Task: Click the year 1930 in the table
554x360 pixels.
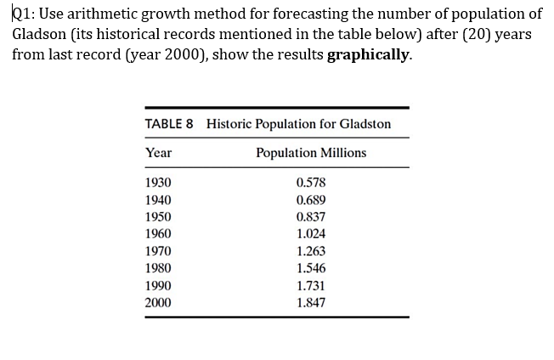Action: coord(157,183)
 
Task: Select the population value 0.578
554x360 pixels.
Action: coord(311,183)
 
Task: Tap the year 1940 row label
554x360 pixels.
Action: coord(157,200)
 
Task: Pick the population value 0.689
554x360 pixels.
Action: coord(311,200)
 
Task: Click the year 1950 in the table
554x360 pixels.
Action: coord(157,217)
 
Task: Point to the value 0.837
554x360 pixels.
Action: coord(311,217)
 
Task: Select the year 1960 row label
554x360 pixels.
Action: coord(157,233)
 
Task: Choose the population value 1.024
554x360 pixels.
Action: coord(311,233)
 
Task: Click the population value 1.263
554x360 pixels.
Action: coord(311,251)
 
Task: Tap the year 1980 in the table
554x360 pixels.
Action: coord(157,268)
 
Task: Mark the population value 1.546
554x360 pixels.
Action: coord(311,268)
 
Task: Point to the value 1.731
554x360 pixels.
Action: coord(311,285)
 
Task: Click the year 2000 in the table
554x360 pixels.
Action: coord(157,302)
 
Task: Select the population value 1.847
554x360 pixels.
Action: coord(311,302)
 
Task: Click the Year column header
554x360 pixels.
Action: coord(158,153)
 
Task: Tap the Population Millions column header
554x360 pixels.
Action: coord(311,153)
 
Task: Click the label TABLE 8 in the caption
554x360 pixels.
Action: coord(169,124)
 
